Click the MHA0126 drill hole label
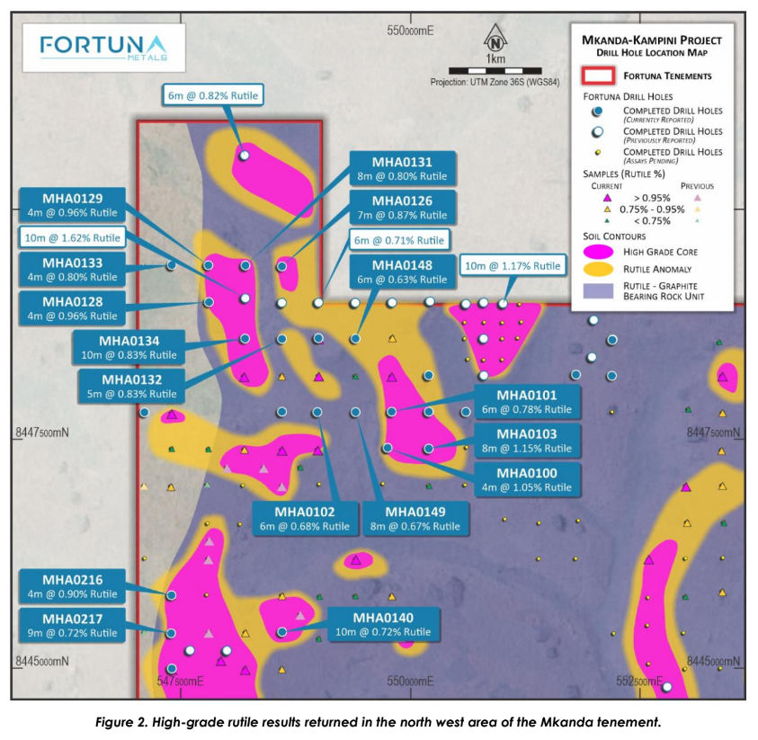pyautogui.click(x=402, y=208)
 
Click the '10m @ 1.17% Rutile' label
pyautogui.click(x=512, y=265)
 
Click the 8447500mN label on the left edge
pyautogui.click(x=42, y=432)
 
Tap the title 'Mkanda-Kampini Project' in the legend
pyautogui.click(x=651, y=40)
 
